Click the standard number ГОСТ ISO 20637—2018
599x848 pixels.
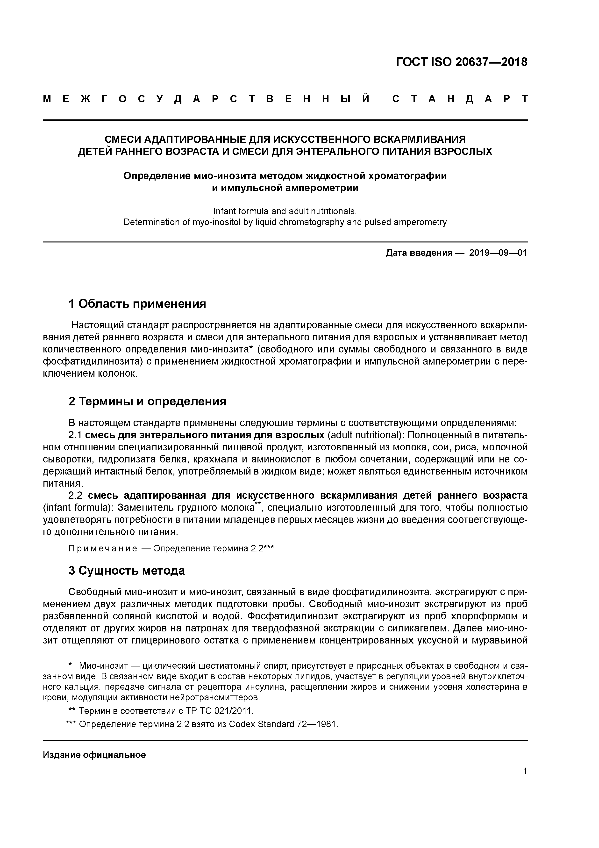(x=461, y=62)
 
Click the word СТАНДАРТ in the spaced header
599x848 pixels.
(x=459, y=99)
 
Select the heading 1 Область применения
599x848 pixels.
(x=137, y=304)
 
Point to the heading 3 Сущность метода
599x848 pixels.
(x=127, y=571)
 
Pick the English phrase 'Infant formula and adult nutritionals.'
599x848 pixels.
(x=285, y=211)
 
